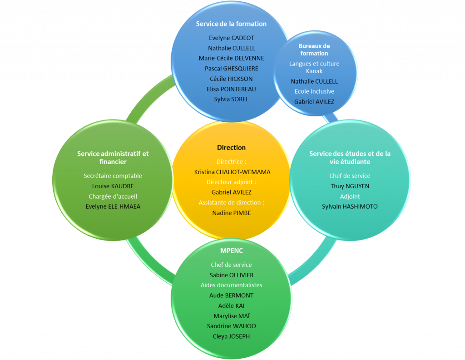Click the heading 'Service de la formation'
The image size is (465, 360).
[231, 24]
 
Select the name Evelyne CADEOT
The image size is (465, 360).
[231, 38]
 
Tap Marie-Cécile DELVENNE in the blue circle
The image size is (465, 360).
[231, 58]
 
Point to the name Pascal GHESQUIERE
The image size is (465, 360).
[231, 69]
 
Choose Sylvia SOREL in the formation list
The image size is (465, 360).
[231, 99]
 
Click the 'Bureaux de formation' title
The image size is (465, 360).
[314, 50]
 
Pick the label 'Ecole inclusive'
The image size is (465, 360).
[314, 91]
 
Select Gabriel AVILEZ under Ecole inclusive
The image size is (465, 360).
[314, 102]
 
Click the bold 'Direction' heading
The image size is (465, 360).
[231, 148]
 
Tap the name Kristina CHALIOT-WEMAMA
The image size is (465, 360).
[232, 172]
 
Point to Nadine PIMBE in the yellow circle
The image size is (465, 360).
[232, 213]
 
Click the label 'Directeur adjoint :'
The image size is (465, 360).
[231, 182]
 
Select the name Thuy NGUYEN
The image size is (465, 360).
[350, 186]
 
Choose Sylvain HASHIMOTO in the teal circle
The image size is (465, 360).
[350, 206]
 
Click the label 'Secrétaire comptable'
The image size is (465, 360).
[113, 176]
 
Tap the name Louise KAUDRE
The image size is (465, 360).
[113, 186]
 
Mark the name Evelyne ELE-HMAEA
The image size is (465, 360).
[113, 206]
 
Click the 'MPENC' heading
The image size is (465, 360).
[232, 251]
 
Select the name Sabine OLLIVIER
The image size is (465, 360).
[232, 275]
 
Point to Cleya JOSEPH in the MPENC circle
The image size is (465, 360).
[231, 336]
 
